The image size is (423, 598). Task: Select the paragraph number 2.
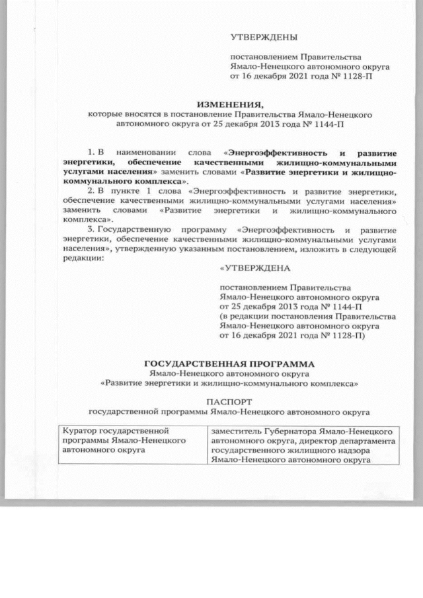pos(91,190)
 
